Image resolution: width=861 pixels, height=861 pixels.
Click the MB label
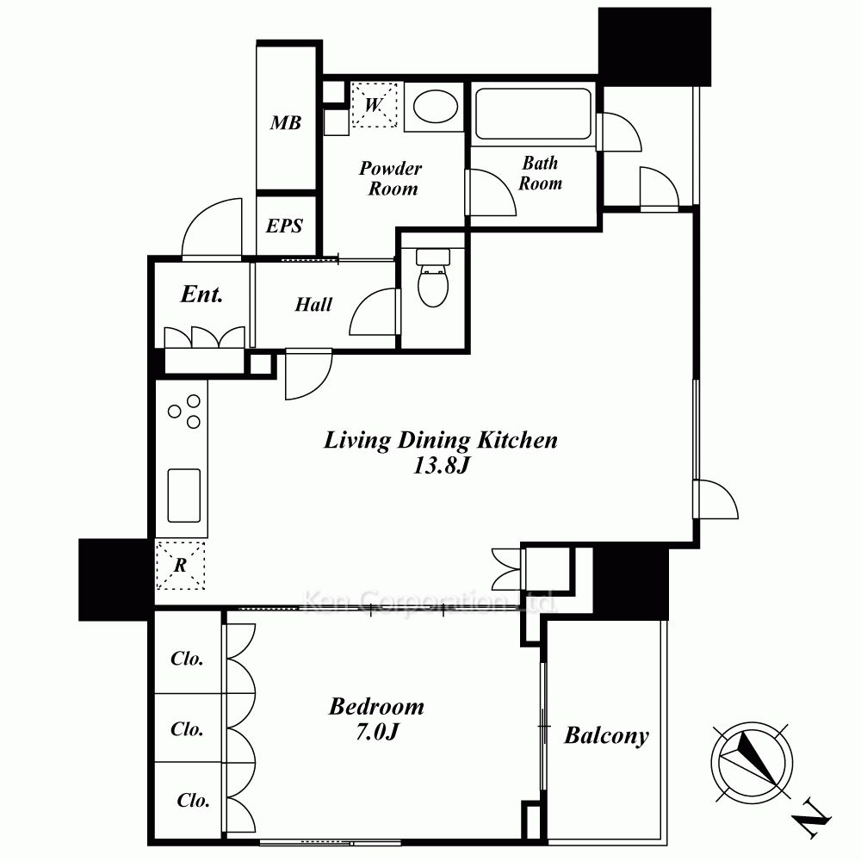coord(286,122)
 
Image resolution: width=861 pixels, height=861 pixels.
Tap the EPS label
coord(284,226)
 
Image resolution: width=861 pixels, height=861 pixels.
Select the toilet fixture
coord(433,277)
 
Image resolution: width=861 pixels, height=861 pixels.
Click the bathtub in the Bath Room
coord(533,114)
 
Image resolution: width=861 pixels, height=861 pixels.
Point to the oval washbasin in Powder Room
coord(436,106)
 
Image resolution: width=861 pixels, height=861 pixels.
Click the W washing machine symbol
coord(374,105)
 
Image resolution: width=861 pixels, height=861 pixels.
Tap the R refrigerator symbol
coord(180,566)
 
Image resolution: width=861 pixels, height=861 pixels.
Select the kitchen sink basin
coord(184,495)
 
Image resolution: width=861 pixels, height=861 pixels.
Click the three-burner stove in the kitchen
coord(185,412)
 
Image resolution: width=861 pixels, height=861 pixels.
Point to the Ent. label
coord(202,294)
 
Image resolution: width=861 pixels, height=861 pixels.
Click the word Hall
coord(313,304)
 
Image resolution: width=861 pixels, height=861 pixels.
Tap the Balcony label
coord(607,736)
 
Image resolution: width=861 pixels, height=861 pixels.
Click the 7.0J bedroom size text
coord(377,732)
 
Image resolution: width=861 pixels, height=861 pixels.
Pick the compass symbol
coord(752,763)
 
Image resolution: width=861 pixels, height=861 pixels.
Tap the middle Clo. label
coord(187,728)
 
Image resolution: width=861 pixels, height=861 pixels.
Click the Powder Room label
coord(391,178)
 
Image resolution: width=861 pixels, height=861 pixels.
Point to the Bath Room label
coord(541,173)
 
